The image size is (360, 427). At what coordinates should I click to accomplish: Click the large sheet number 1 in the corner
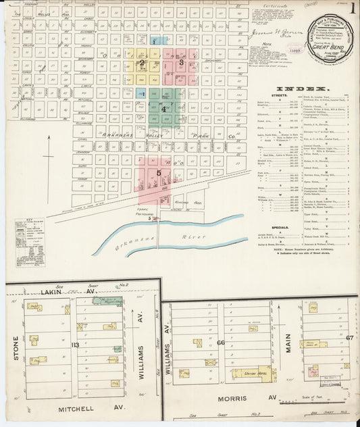click(353, 8)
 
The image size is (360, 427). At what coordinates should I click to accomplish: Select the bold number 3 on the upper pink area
click(181, 63)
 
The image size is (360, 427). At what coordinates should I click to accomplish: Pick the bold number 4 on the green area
click(163, 108)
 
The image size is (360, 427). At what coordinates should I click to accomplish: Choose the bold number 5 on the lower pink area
click(159, 173)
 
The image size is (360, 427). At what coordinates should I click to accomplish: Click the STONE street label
click(15, 346)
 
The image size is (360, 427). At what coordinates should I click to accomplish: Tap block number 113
click(75, 345)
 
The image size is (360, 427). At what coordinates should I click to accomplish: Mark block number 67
click(350, 338)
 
